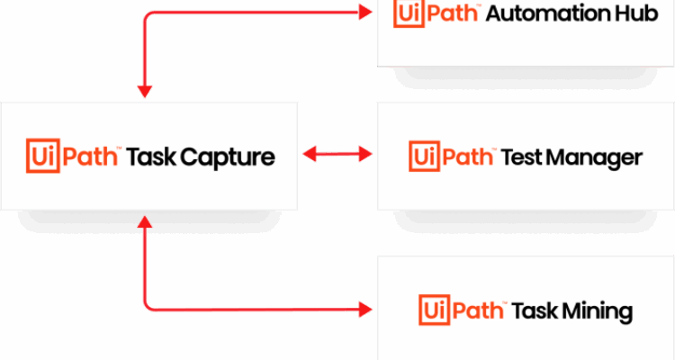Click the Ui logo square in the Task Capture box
point(40,156)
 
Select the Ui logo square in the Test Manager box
point(422,156)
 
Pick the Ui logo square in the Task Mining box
point(433,310)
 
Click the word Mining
point(599,312)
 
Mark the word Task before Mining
point(535,311)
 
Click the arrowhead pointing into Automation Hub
point(364,13)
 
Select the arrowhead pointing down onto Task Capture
point(144,90)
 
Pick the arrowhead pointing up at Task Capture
point(144,221)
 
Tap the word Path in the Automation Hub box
point(455,14)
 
